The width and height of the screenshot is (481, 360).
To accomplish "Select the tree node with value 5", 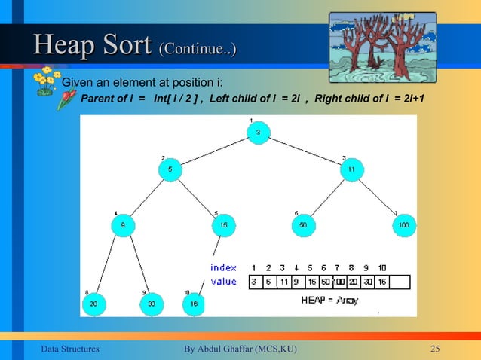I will [170, 170].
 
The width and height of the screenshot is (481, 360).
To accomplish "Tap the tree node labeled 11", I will [351, 170].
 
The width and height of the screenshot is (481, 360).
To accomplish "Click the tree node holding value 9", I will [123, 224].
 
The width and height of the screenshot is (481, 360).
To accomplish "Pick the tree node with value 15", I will [224, 224].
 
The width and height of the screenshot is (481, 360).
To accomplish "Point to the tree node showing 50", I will [304, 224].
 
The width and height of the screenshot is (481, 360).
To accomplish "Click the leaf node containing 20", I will [93, 304].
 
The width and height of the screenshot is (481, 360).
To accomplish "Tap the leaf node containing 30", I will [152, 304].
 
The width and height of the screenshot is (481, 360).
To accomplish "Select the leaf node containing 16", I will [195, 304].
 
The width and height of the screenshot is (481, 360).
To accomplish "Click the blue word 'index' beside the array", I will [223, 267].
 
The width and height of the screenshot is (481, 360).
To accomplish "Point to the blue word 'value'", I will [223, 282].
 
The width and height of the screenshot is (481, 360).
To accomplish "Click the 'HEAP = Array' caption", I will [329, 300].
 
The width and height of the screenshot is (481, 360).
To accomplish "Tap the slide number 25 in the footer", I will [434, 348].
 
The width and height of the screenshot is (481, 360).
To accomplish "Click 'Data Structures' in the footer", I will [69, 348].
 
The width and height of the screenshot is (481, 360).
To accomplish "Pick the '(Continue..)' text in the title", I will [197, 50].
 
